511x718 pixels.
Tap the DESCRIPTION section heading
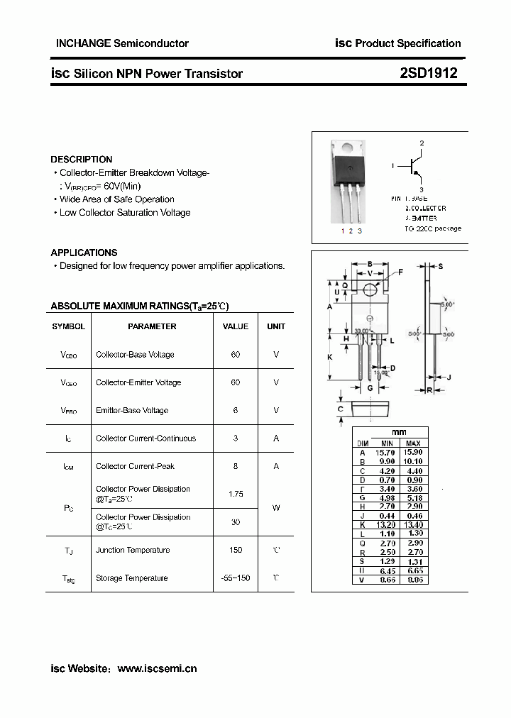[82, 160]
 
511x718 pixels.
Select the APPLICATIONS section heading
[84, 253]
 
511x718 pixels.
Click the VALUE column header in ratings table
[236, 326]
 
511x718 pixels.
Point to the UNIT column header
[276, 326]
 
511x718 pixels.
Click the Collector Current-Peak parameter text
[135, 466]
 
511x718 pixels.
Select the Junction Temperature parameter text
[133, 550]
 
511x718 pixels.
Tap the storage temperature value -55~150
[236, 578]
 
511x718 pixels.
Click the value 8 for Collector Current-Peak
[236, 466]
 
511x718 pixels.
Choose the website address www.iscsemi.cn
[157, 668]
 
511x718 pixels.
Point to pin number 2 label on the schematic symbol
[422, 143]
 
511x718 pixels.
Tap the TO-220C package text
[433, 228]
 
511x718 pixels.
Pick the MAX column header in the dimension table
[413, 443]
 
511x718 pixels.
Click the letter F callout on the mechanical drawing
[400, 272]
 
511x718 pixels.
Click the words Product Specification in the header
[408, 43]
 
